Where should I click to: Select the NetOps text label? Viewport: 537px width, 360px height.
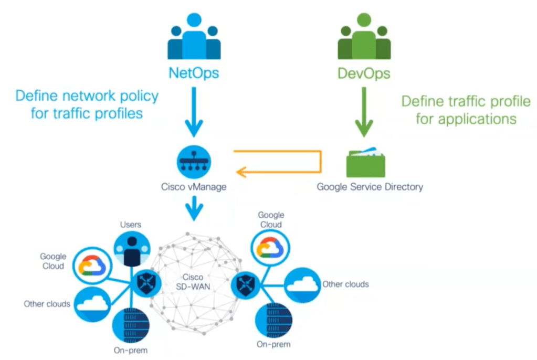pos(194,73)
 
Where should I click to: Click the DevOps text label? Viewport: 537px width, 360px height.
pos(364,73)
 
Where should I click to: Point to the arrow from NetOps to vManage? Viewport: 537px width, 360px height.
pos(194,110)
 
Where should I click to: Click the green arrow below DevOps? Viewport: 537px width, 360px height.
pos(364,110)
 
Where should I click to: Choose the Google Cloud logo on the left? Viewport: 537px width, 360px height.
pos(92,266)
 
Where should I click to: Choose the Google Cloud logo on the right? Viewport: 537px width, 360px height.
pos(270,246)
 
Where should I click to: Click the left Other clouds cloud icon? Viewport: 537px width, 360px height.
pos(93,304)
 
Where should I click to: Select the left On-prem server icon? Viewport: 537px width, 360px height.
pos(131,324)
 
